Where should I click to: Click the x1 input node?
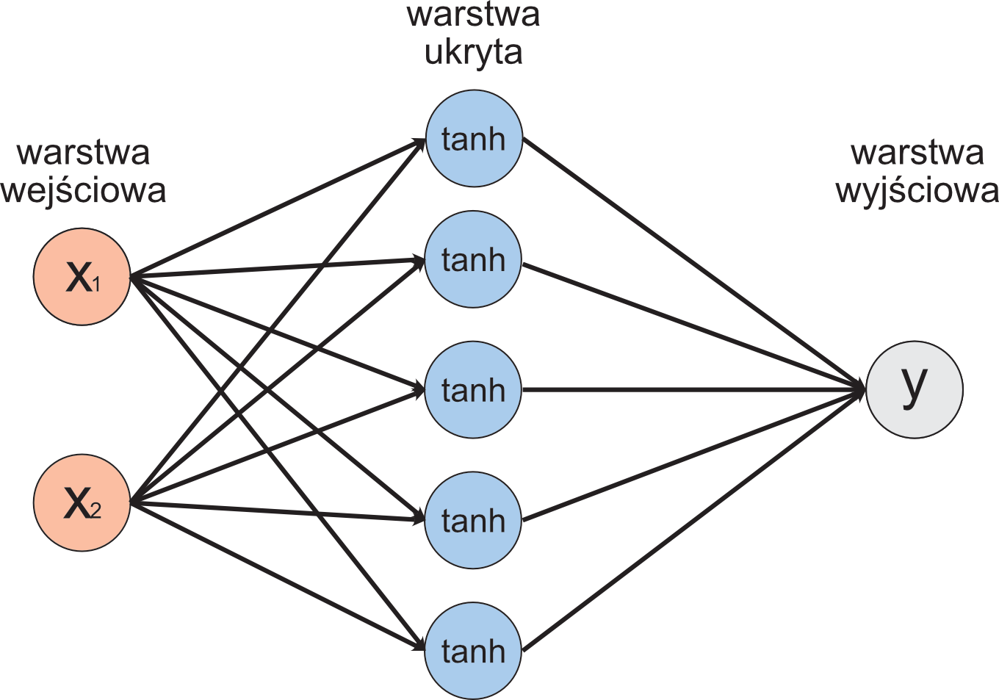tap(82, 277)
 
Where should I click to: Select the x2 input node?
tap(82, 503)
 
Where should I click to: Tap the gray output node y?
tap(914, 389)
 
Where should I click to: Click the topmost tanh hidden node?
tap(473, 139)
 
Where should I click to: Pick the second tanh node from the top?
tap(473, 259)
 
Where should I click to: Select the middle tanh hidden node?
tap(473, 390)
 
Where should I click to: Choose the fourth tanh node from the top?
tap(473, 520)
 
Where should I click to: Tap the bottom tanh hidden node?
tap(473, 651)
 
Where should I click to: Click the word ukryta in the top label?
tap(473, 53)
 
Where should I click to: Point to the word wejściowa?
tap(83, 191)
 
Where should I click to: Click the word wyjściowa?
tap(917, 191)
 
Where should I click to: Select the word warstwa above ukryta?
tap(473, 15)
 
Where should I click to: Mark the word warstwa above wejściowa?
tap(83, 153)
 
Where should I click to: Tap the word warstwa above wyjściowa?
tap(917, 153)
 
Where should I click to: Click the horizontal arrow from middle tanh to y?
tap(690, 389)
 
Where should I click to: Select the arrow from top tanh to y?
tap(690, 261)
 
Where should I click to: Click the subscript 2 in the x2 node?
tap(95, 509)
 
